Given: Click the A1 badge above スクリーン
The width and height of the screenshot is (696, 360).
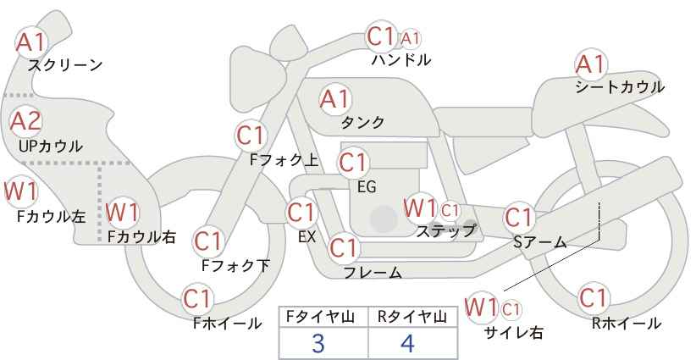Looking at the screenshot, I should point(32,41).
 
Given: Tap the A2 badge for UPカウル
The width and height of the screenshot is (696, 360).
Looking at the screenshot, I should point(26,121).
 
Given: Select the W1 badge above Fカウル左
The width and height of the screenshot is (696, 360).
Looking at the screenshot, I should point(20,191).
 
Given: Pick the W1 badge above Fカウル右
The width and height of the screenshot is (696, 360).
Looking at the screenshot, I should point(123,212).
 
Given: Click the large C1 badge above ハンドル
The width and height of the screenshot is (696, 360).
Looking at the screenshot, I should point(382,36).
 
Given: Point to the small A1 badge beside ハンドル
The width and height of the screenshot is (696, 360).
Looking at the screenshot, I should point(411,38).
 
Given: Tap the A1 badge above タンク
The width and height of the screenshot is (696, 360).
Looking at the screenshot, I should point(335,99).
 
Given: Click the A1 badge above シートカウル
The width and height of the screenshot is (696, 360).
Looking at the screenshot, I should point(590,64).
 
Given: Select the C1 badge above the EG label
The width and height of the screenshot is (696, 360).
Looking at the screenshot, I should point(353,162).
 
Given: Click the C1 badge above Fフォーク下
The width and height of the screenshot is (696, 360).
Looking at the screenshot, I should point(207,241).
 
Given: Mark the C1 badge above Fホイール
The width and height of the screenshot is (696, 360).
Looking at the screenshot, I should point(197,298).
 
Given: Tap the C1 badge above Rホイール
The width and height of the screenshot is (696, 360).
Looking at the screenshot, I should point(593,298).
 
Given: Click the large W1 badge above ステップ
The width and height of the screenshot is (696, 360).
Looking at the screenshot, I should point(420,208).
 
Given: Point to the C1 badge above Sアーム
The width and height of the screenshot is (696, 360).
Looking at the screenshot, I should point(519,217).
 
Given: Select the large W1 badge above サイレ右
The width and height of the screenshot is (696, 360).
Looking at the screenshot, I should point(482,305).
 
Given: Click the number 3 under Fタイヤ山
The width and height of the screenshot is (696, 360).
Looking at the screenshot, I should point(318,343).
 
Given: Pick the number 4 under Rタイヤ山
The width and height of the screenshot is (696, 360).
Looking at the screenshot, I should point(408,343).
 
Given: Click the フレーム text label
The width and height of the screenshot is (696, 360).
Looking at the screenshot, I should point(373,273).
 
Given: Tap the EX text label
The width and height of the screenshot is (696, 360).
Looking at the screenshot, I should point(307,238).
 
